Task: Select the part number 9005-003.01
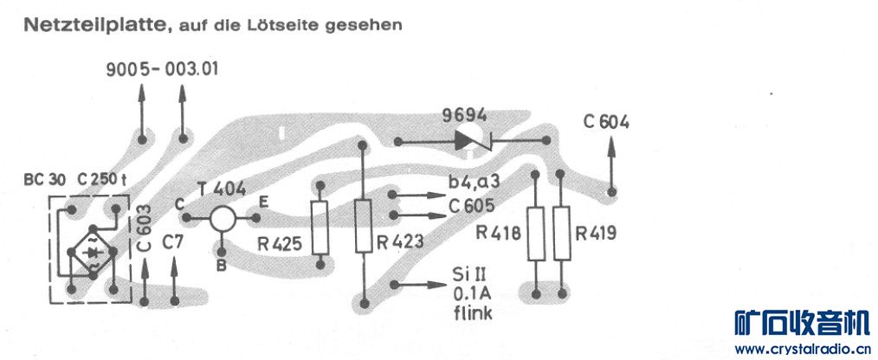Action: [162, 69]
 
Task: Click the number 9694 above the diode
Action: [464, 115]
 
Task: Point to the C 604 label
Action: [606, 122]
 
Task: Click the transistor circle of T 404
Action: [223, 218]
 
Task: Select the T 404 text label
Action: [220, 187]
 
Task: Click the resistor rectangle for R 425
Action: [321, 227]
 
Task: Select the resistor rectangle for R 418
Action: [536, 234]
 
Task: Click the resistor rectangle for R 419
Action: [563, 234]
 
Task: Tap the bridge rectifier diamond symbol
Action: [92, 245]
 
